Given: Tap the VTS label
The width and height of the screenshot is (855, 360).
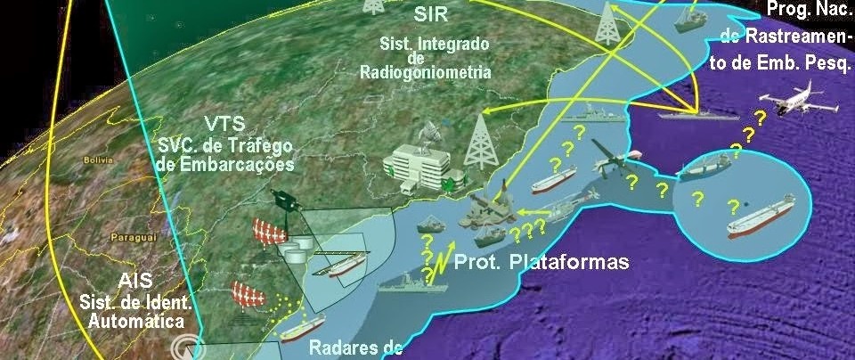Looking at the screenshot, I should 225,124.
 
